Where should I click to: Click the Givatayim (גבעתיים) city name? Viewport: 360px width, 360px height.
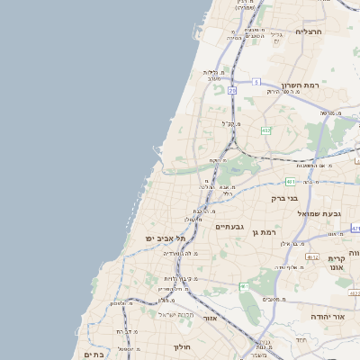[231, 227]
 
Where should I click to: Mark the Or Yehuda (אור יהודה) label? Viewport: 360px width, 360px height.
[327, 317]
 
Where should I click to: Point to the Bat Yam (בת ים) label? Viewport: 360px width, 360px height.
[94, 355]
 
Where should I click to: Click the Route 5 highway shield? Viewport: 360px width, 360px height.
[256, 82]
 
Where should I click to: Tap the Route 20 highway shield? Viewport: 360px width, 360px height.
[232, 90]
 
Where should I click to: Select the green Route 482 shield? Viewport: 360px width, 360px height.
[265, 131]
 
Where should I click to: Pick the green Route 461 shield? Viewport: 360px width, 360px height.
[244, 285]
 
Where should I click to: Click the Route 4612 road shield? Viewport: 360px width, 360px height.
[312, 256]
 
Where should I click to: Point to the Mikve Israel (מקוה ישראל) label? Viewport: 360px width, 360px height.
[170, 314]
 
